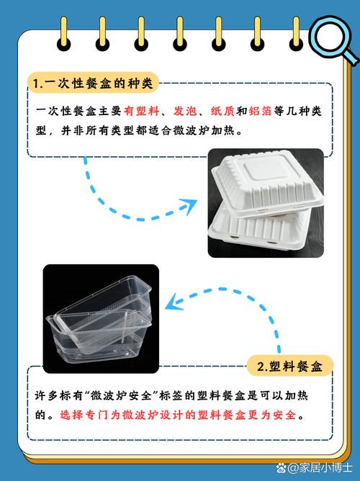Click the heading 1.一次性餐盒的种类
pos(93,83)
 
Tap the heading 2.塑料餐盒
pos(289,367)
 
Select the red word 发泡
pos(185,111)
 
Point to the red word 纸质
pos(222,111)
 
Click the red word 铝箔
pos(260,111)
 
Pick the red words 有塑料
pos(142,111)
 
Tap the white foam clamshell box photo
pos(266,203)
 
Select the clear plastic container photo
pos(101,319)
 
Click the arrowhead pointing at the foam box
pos(189,205)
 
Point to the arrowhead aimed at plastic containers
pos(174,302)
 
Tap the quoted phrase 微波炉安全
pos(125,395)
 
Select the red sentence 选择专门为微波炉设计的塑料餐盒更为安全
pos(178,415)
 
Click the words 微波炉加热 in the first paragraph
pos(204,131)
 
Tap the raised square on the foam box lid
pos(265,168)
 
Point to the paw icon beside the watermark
pos(282,468)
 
